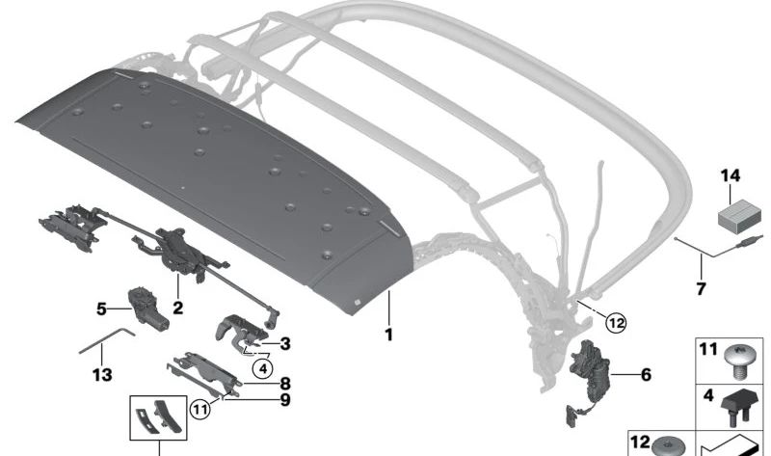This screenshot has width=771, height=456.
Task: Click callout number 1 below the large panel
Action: pyautogui.click(x=388, y=335)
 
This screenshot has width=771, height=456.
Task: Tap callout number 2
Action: pyautogui.click(x=177, y=308)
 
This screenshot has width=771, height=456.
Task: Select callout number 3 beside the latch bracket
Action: pyautogui.click(x=284, y=342)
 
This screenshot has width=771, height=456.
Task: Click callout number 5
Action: pyautogui.click(x=101, y=308)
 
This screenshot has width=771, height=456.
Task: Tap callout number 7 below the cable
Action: pyautogui.click(x=701, y=288)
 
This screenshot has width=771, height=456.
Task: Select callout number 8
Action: pyautogui.click(x=284, y=383)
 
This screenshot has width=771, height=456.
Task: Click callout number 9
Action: pyautogui.click(x=284, y=399)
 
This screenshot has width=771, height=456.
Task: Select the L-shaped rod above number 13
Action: pyautogui.click(x=108, y=337)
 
